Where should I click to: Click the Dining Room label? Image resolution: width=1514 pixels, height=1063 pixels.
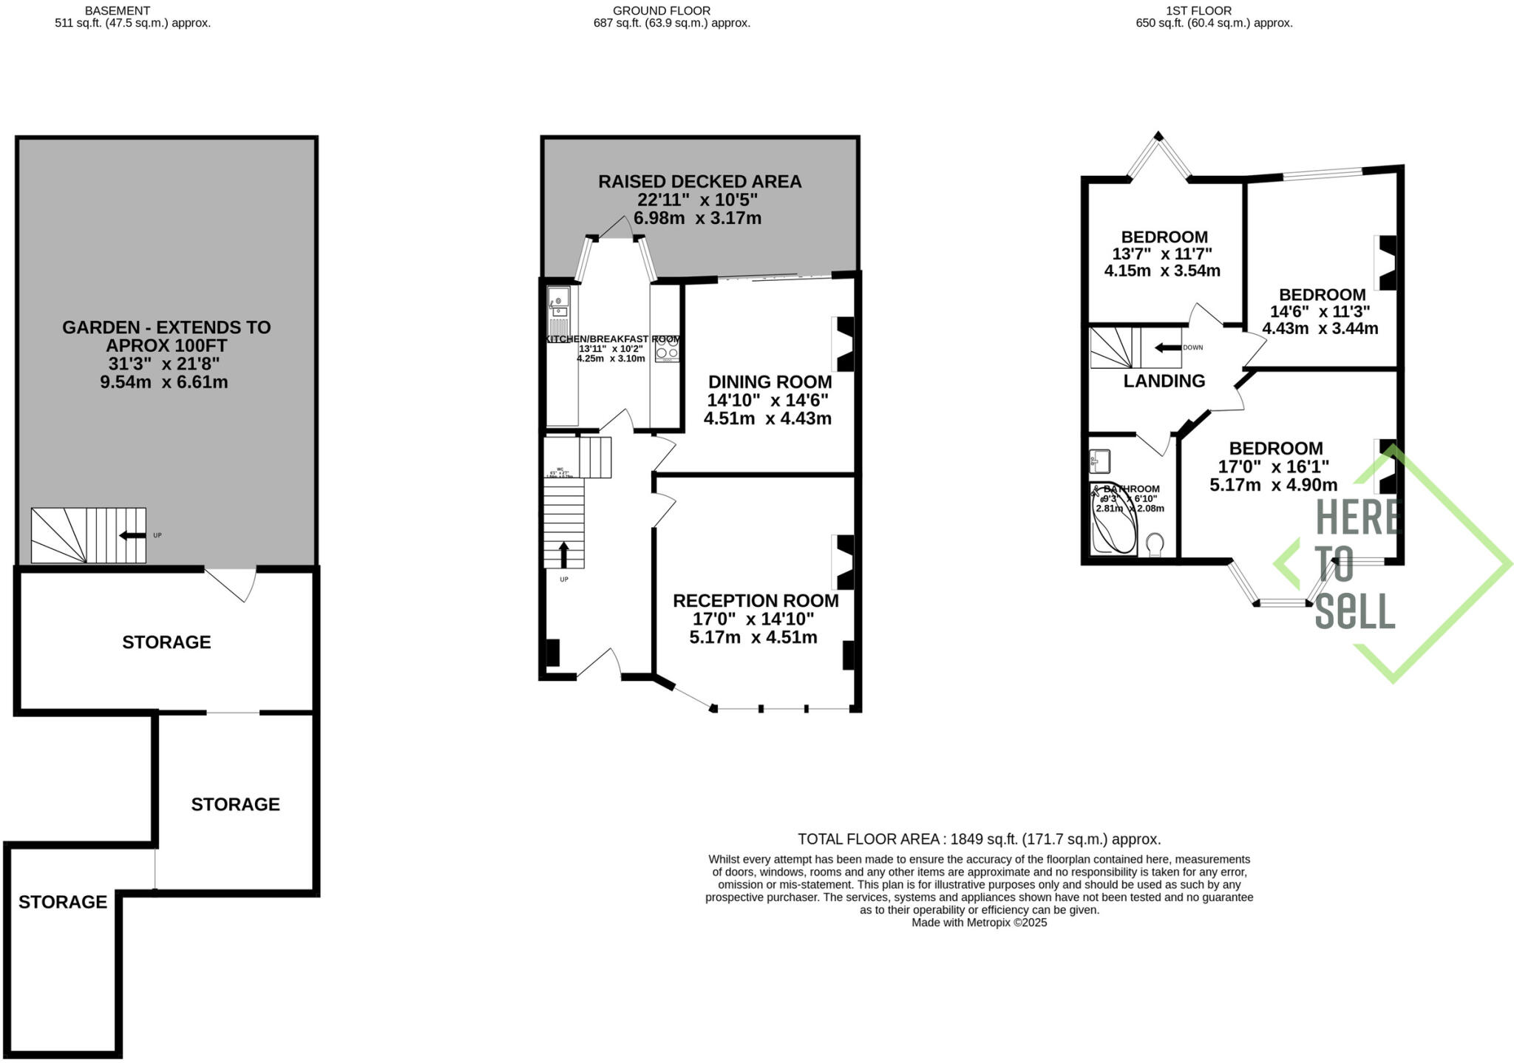click(x=770, y=382)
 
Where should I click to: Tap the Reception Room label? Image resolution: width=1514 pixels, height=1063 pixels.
click(x=755, y=601)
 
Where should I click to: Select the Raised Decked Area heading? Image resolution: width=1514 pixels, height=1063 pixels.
click(x=699, y=181)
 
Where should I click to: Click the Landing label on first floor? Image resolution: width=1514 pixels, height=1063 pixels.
click(x=1164, y=381)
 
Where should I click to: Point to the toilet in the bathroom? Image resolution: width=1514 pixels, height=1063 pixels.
click(x=1155, y=545)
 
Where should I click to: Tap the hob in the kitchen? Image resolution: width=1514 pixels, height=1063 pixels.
click(x=667, y=349)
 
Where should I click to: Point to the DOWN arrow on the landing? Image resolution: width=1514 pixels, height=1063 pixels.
click(x=1167, y=347)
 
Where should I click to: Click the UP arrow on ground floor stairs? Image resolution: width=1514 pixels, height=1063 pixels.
click(x=563, y=554)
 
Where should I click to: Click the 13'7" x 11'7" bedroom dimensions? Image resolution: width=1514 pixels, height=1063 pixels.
click(x=1162, y=254)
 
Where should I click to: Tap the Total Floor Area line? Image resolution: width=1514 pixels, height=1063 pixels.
click(x=979, y=839)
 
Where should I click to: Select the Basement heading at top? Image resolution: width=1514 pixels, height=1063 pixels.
click(x=118, y=10)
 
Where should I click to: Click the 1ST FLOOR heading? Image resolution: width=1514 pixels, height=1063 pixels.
click(x=1213, y=10)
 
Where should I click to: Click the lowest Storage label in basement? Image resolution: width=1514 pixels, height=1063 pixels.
click(x=63, y=902)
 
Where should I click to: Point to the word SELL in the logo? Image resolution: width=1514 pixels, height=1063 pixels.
click(x=1354, y=611)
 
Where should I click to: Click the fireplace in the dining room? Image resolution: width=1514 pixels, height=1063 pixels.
click(x=844, y=344)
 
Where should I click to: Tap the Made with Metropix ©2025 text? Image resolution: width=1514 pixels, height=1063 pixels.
click(x=979, y=923)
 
